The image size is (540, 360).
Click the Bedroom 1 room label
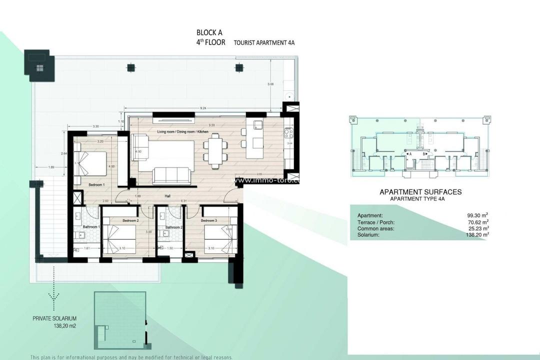click(x=96, y=185)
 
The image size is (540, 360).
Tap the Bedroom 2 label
click(x=130, y=220)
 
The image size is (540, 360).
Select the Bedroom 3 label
click(x=209, y=220)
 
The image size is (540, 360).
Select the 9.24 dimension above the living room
click(x=203, y=108)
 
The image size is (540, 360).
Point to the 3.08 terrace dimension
click(x=271, y=83)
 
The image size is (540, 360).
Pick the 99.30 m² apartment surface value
click(x=478, y=215)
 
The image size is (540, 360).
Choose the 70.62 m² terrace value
click(x=478, y=222)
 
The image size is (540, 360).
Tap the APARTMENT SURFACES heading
click(x=420, y=192)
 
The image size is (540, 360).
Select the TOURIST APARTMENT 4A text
click(x=264, y=43)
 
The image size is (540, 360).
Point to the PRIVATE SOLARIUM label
click(x=55, y=318)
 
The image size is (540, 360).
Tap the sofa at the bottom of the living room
click(x=171, y=175)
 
